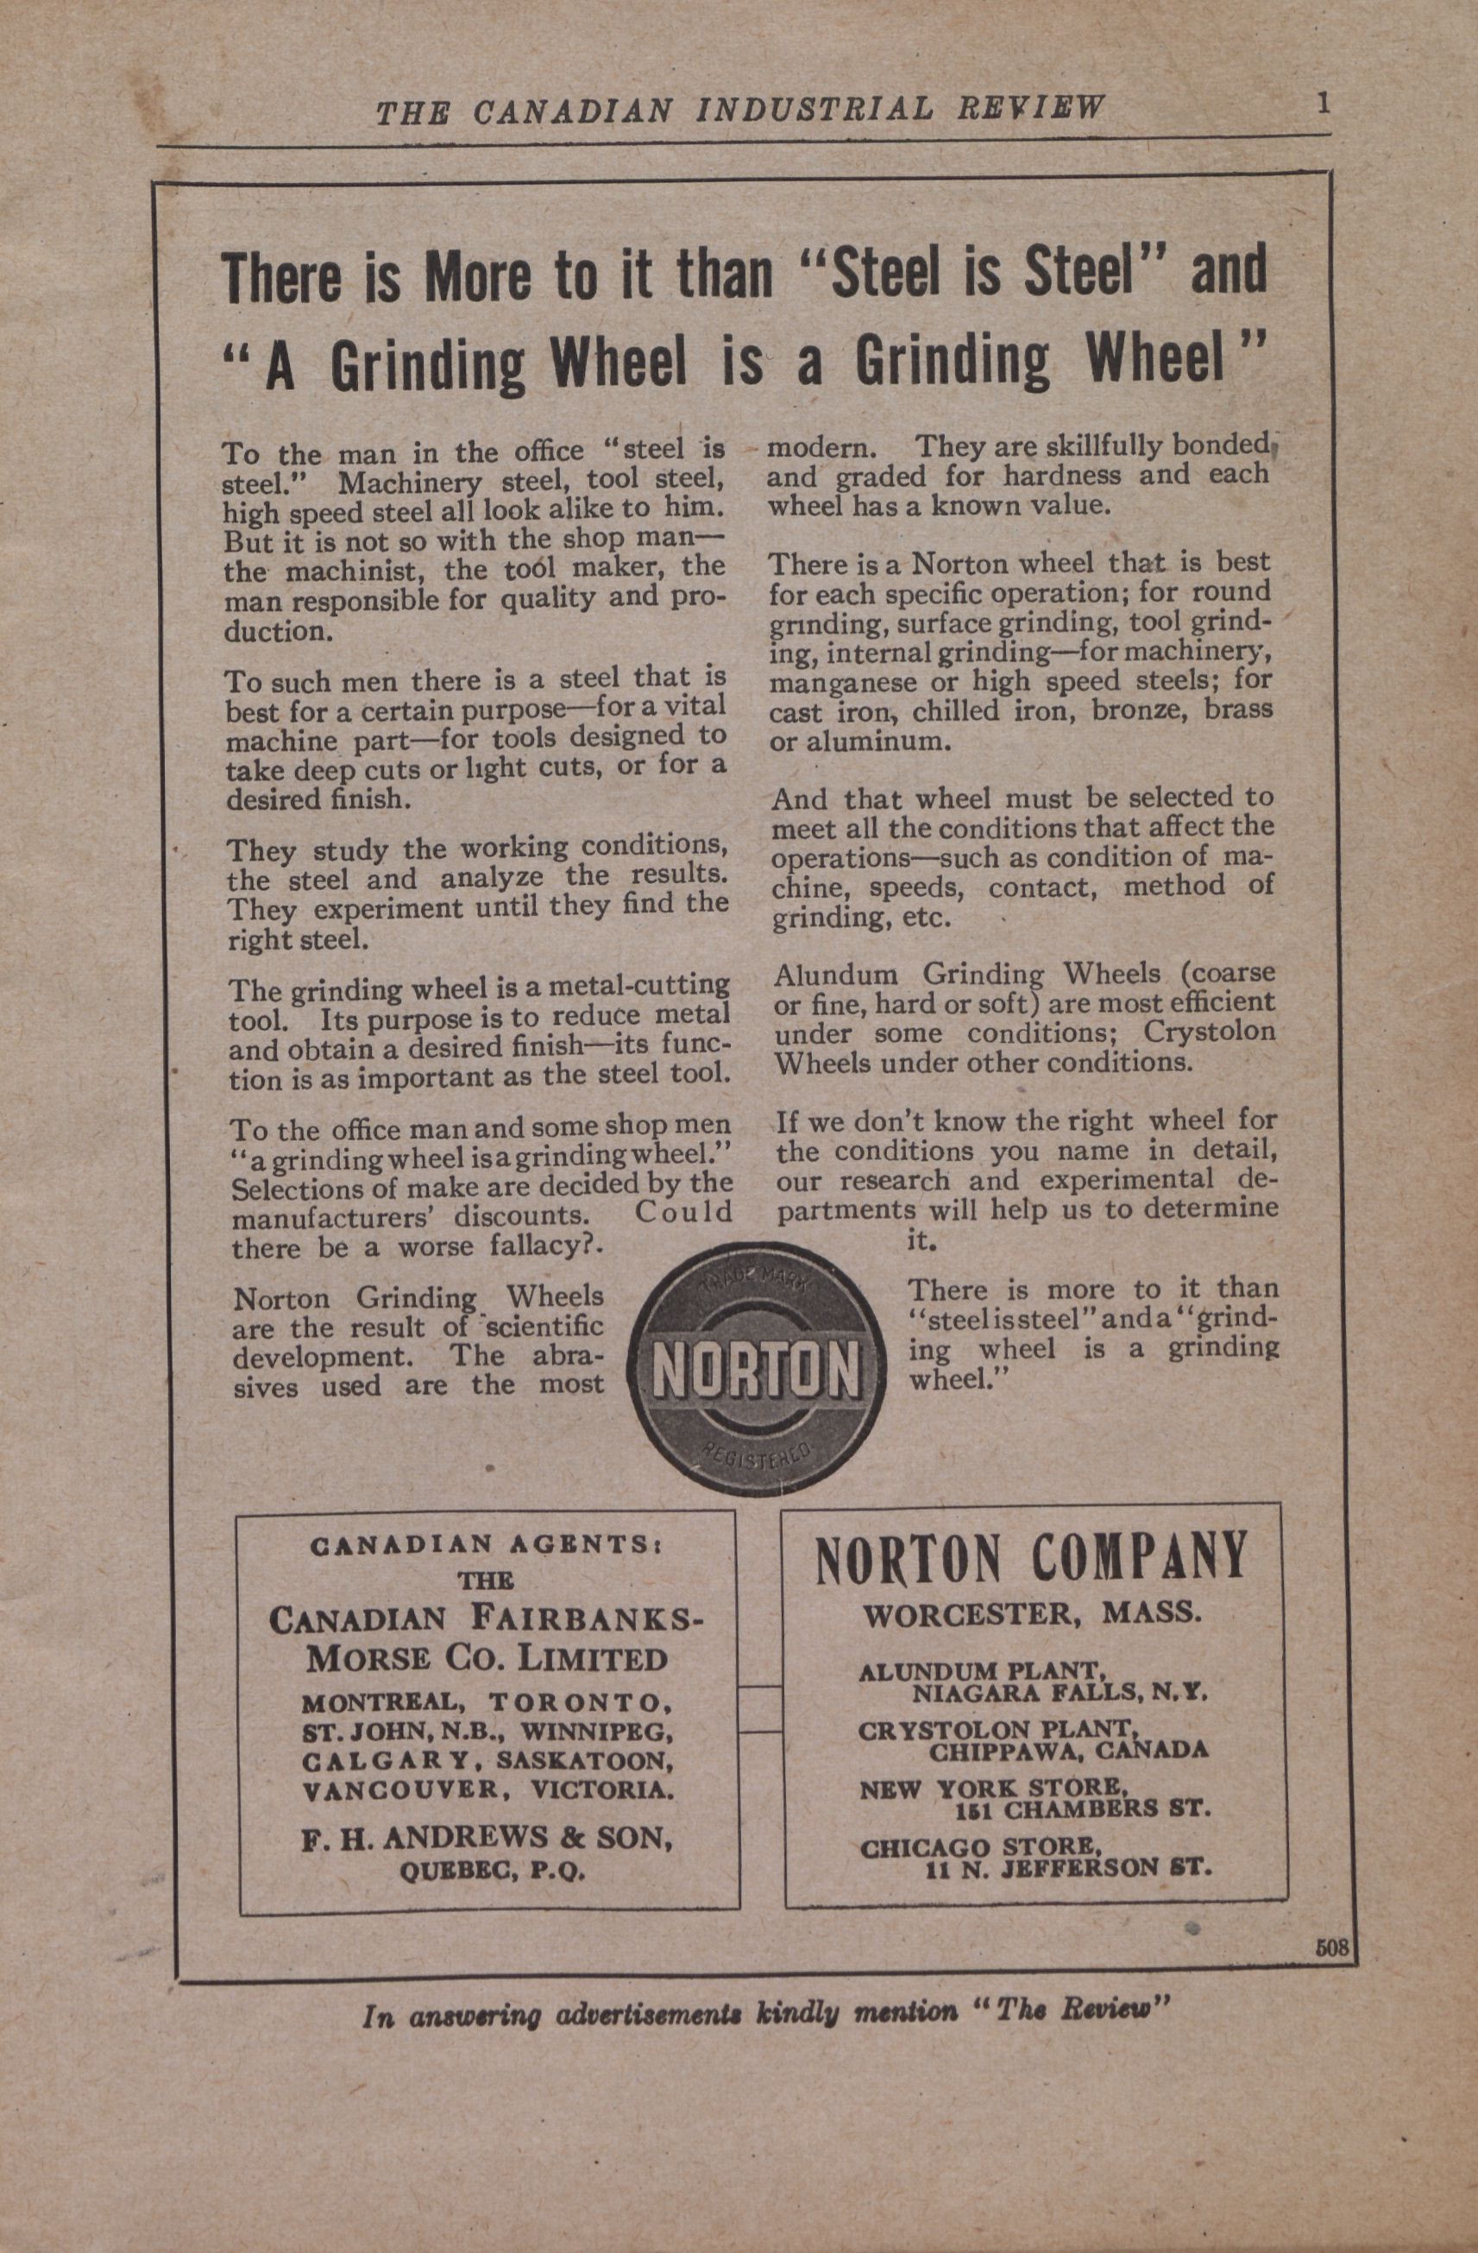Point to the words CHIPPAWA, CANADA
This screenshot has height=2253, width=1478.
1068,1751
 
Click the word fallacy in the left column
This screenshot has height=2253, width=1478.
534,1246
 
